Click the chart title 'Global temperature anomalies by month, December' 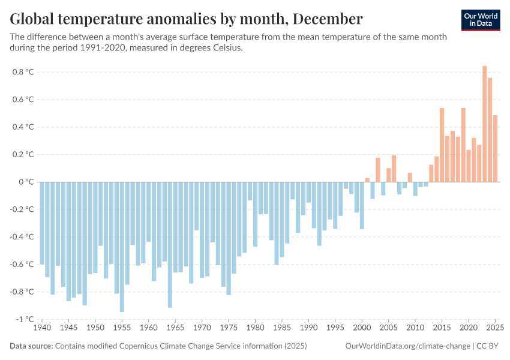coord(186,19)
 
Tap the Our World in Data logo coord(480,20)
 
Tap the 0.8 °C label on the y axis coord(23,72)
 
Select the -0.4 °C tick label coord(22,237)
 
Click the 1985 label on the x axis coord(282,329)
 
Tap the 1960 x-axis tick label coord(149,329)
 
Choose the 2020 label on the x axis coord(469,329)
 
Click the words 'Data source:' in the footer coord(31,346)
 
